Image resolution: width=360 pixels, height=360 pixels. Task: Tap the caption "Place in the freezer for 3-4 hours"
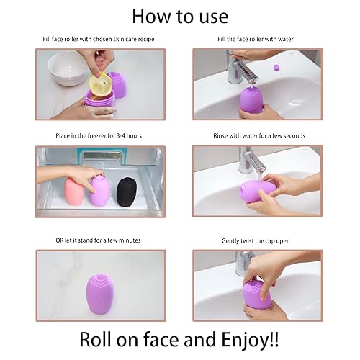pyautogui.click(x=101, y=135)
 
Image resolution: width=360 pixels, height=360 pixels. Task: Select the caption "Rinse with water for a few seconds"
pyautogui.click(x=257, y=135)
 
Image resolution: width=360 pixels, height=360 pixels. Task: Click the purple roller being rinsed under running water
pyautogui.click(x=257, y=193)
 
